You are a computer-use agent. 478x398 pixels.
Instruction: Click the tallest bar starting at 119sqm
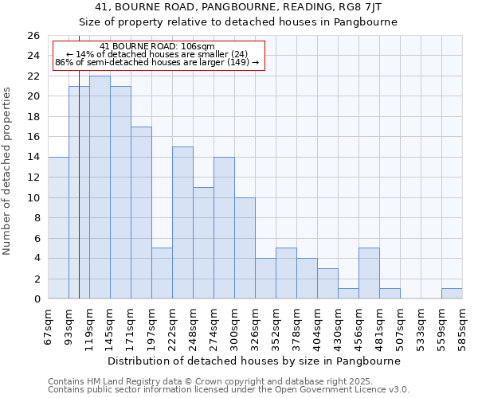[100, 187]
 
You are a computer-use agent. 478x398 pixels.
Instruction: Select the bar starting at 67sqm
[58, 228]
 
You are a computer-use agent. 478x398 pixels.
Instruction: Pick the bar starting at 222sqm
[182, 223]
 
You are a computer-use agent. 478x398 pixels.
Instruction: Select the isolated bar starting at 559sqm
[452, 294]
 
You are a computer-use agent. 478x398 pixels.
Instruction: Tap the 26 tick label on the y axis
[33, 36]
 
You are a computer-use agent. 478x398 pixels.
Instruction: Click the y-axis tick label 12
[33, 178]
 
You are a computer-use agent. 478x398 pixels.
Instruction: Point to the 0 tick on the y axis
[37, 299]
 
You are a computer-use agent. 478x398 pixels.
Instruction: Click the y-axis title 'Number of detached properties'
[7, 182]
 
